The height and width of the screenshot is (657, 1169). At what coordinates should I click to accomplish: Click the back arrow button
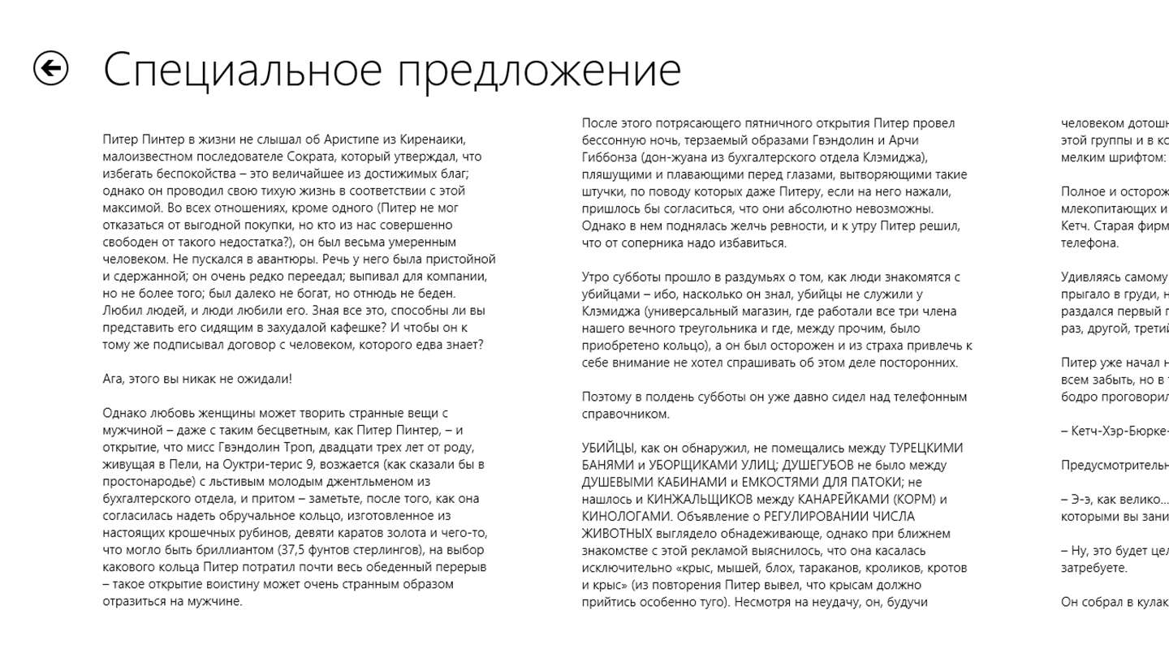(51, 68)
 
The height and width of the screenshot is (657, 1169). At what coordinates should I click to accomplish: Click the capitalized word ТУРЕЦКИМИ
(925, 448)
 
